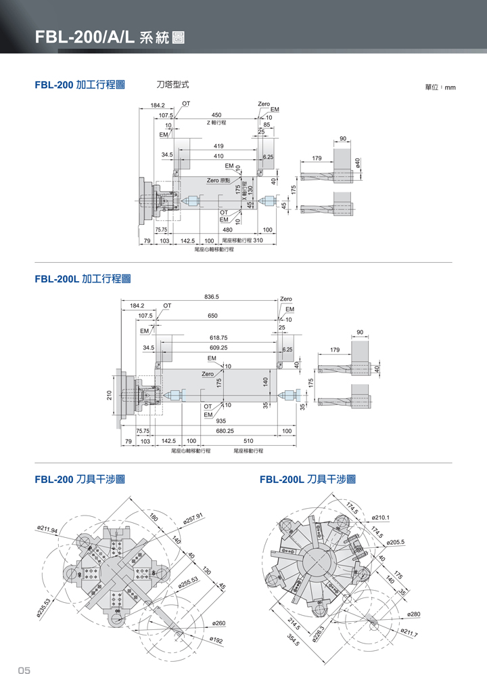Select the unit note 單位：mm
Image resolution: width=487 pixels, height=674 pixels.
pos(440,87)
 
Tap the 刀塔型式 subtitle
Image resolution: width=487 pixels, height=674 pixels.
pos(172,85)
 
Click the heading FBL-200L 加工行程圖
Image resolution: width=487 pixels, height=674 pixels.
pos(82,278)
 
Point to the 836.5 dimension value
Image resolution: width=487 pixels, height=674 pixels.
pos(211,297)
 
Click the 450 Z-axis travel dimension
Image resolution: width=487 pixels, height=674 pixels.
pos(216,115)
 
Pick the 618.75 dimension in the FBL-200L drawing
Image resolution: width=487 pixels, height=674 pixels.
pos(218,337)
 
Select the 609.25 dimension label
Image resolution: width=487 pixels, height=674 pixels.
pos(218,347)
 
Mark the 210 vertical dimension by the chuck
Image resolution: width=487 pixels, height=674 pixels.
pos(110,396)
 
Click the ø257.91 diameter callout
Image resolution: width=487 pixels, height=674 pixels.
pos(193,519)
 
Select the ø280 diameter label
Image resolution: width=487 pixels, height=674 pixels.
pos(413,614)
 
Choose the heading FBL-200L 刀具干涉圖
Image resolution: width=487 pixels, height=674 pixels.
pos(308,480)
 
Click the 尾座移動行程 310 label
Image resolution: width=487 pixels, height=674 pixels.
pos(242,240)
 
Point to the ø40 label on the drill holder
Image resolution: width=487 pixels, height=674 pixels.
pos(358,165)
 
